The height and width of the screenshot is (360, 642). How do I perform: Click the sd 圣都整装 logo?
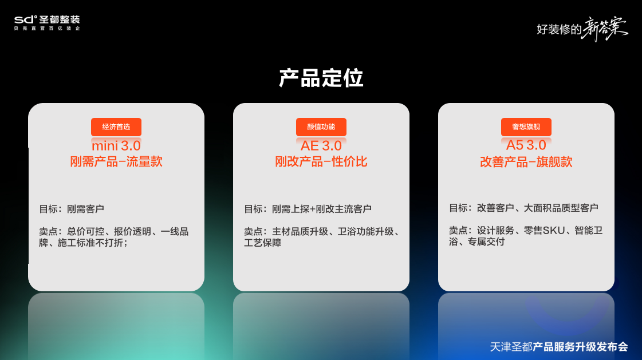click(47, 22)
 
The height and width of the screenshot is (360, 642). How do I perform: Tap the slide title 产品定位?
click(321, 78)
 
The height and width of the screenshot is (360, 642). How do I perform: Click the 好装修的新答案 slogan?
click(582, 29)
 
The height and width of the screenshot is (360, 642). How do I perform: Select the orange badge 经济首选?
click(116, 127)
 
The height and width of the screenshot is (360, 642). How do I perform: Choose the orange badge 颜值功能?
click(321, 127)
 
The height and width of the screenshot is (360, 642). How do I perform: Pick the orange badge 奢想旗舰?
click(526, 127)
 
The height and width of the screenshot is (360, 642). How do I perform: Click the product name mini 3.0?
click(116, 145)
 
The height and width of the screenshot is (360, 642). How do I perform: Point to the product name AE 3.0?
click(321, 145)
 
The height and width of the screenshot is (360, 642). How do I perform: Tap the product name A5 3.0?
click(526, 145)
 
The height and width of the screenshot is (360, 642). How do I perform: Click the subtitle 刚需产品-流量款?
click(116, 161)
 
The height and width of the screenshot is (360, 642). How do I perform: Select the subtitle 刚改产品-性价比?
click(321, 161)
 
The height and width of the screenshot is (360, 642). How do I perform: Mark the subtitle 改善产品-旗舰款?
click(526, 162)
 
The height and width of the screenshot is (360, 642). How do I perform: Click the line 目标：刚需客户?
click(72, 209)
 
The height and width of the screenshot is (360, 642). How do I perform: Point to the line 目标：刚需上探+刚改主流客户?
click(308, 209)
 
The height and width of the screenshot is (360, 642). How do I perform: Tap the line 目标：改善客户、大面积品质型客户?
click(523, 208)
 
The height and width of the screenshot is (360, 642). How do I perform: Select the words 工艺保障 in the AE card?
click(263, 243)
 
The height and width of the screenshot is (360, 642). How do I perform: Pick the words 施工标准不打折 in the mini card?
click(90, 243)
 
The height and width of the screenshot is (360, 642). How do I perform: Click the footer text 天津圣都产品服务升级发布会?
click(559, 347)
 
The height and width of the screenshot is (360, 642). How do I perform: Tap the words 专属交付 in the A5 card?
click(486, 242)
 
